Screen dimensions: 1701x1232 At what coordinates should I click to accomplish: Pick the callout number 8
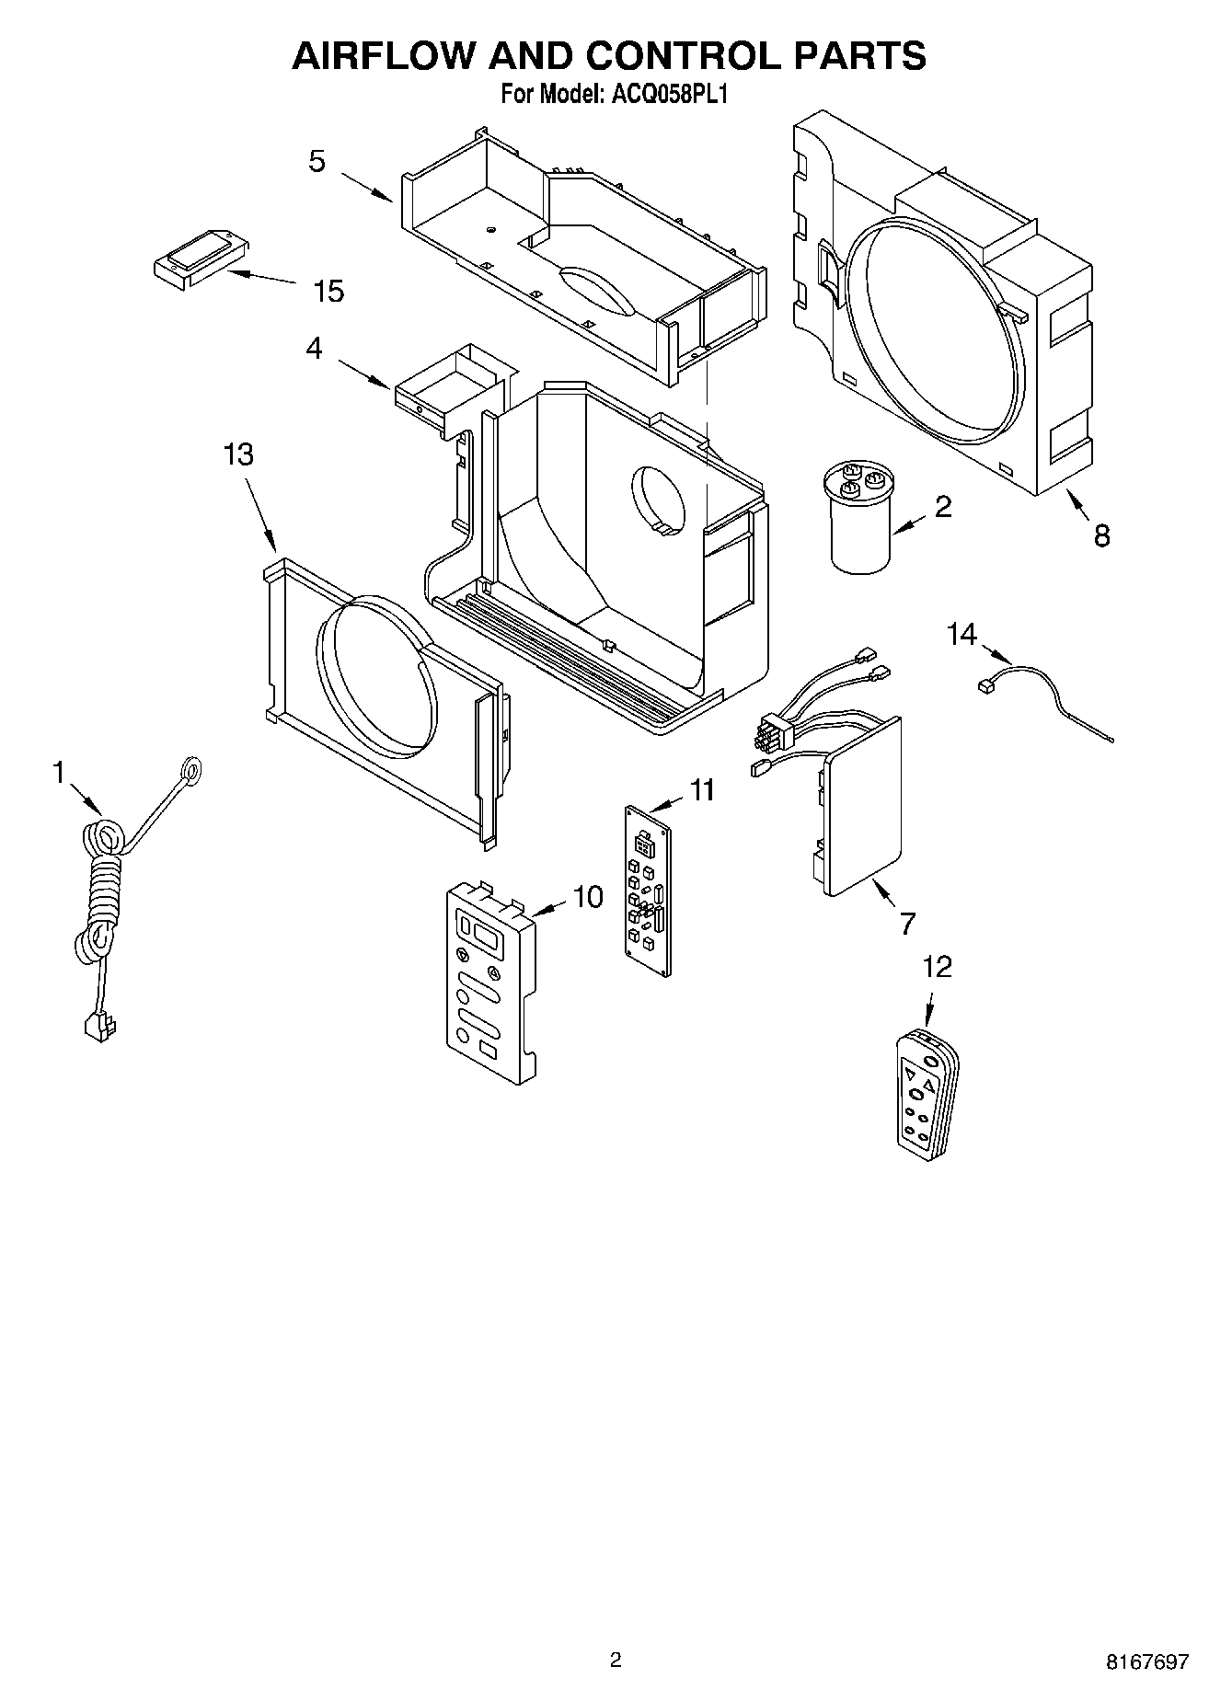1101,535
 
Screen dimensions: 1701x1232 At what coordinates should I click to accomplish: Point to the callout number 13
238,454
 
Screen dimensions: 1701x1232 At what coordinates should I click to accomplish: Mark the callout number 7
907,923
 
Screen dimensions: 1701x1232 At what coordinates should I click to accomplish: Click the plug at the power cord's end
95,1024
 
